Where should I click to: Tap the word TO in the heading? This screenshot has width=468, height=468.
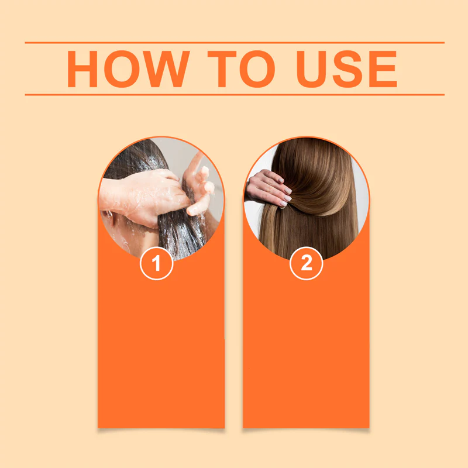coord(240,69)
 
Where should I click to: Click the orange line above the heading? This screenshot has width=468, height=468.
coord(234,43)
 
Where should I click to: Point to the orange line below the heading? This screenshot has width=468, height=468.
coord(234,94)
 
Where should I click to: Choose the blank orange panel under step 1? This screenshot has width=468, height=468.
coord(161,351)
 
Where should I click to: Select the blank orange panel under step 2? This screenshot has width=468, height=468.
coord(306,351)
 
